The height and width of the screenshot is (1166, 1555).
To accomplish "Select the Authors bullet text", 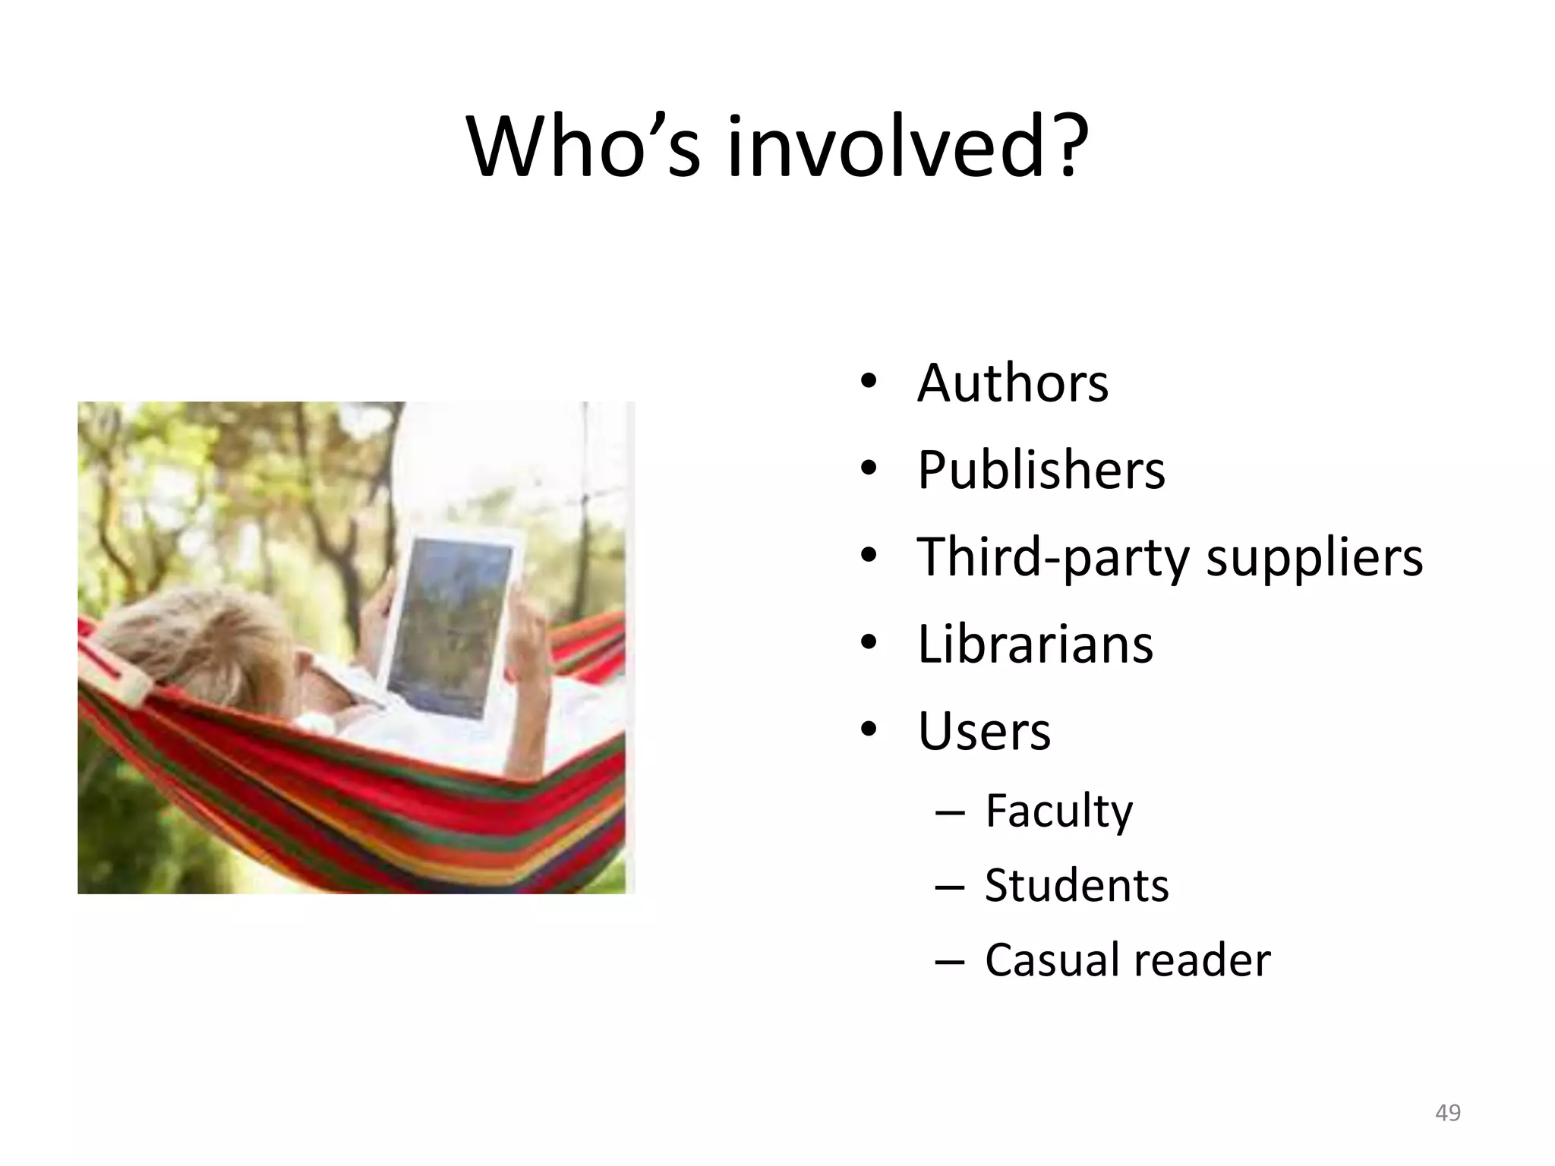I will (x=1012, y=383).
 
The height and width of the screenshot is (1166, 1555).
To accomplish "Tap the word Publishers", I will (x=1040, y=470).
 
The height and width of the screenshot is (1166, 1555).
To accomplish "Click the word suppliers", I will (x=1314, y=559).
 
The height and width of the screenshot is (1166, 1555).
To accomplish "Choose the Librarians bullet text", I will (x=1035, y=644).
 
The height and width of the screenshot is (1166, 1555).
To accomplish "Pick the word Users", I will (x=984, y=731).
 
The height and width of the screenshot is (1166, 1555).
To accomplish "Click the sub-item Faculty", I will (x=1058, y=811).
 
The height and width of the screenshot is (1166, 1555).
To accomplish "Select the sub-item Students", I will (x=1076, y=885).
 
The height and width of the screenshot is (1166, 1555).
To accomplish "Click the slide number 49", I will (x=1448, y=1113).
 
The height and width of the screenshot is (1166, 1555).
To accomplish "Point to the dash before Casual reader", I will (x=949, y=963).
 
